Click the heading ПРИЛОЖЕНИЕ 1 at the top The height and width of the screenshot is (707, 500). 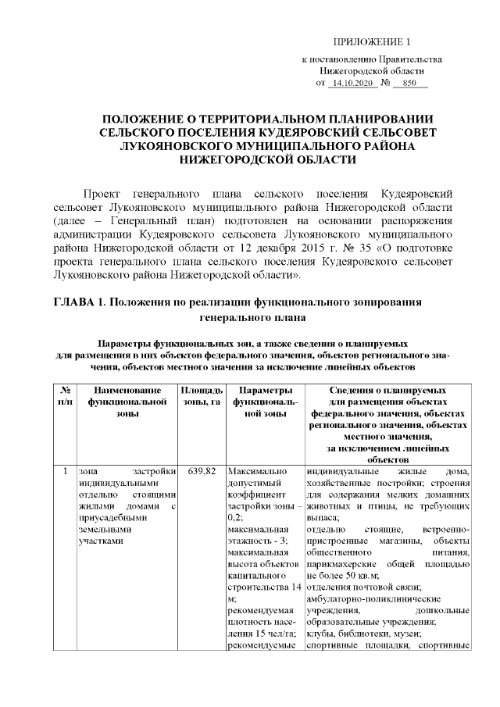click(372, 41)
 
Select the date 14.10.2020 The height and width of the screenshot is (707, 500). click(351, 82)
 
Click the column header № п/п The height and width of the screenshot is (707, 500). click(66, 395)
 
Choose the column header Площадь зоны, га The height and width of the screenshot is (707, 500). click(202, 395)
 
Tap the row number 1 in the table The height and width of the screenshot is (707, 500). click(65, 471)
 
